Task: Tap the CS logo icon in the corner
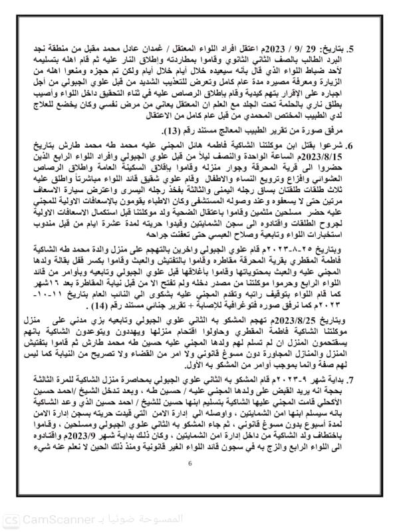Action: tap(11, 520)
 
